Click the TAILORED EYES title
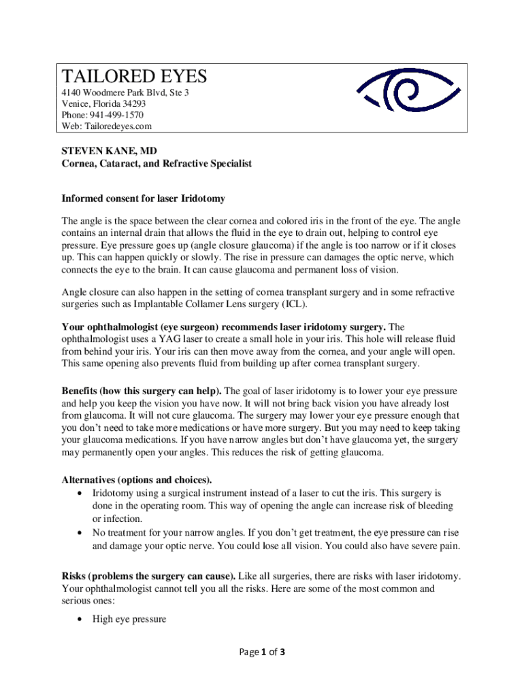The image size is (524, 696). [x=134, y=75]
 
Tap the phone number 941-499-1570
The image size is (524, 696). [x=119, y=115]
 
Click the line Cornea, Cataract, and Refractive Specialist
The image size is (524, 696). [x=157, y=164]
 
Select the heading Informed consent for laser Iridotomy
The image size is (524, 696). [x=143, y=198]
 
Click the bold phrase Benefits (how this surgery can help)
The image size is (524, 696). [x=142, y=391]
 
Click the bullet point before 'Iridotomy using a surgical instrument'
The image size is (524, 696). [x=81, y=493]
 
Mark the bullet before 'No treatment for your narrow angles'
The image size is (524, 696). [x=81, y=533]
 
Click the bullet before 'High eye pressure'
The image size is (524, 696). [x=81, y=619]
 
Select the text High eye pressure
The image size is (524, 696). [x=129, y=619]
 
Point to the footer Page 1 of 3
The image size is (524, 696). [x=261, y=652]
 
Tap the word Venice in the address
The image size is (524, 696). [x=75, y=103]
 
